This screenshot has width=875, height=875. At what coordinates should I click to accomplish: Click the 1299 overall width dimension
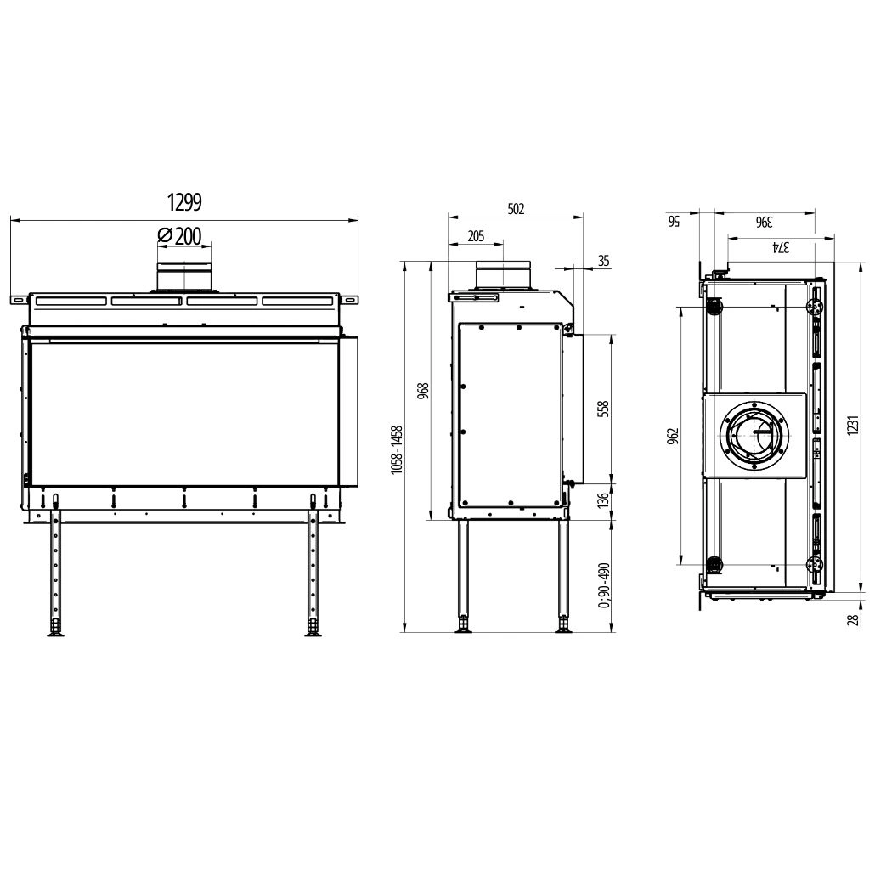pos(183,202)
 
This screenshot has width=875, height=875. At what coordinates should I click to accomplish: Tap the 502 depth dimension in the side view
pos(516,208)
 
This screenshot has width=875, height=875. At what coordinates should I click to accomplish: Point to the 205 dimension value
pos(476,236)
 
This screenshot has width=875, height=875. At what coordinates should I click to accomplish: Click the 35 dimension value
pos(603,261)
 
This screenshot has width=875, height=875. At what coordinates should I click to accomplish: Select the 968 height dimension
pos(424,391)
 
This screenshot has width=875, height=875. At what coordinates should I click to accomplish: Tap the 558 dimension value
pos(605,409)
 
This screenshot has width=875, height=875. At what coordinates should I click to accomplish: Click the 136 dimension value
pos(605,501)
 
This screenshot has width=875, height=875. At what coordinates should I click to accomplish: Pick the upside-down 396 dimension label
pos(763,222)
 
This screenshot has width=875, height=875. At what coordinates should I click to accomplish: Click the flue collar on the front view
pos(184,277)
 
